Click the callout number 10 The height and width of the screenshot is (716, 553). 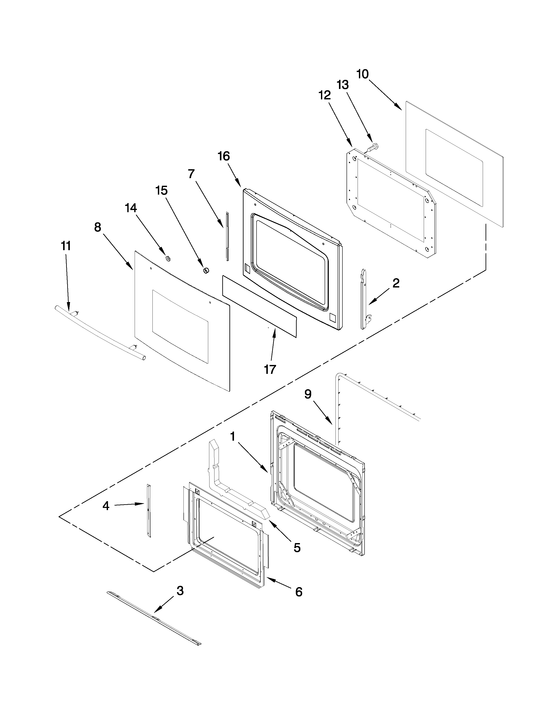[363, 74]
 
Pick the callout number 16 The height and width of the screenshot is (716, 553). [224, 156]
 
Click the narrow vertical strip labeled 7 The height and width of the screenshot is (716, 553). [227, 236]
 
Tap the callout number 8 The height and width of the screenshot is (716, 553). [98, 227]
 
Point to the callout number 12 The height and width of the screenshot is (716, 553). [324, 95]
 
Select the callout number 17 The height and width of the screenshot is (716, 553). [270, 369]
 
